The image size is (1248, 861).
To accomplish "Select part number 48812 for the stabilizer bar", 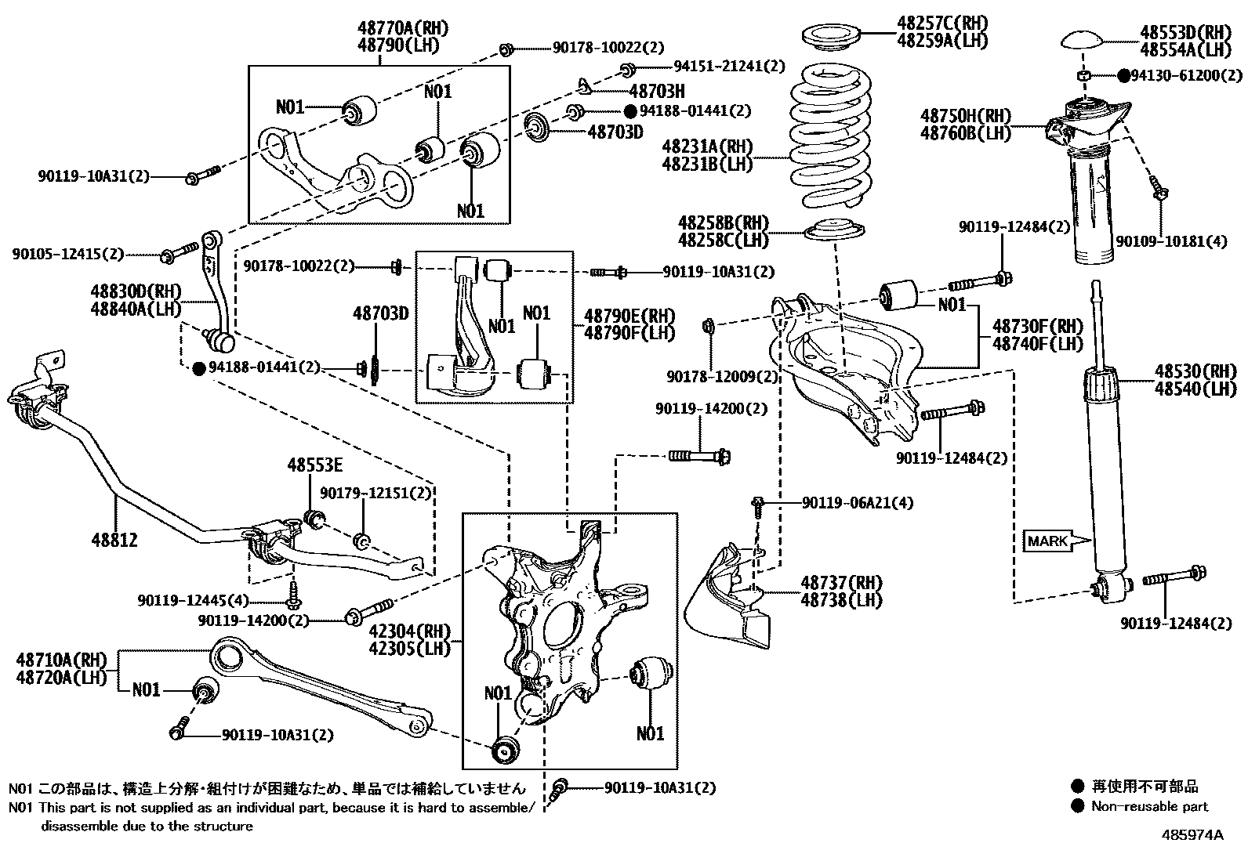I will click(114, 540).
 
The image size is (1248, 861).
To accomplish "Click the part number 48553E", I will click(314, 465).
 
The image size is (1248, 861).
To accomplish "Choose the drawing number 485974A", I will click(1192, 834).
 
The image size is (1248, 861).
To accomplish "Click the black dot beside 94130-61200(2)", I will click(1123, 76).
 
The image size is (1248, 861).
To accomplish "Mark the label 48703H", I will click(656, 91).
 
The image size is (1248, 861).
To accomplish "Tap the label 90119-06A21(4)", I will click(858, 503).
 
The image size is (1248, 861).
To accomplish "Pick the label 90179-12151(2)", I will click(375, 494).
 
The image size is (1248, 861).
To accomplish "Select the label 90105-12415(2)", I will click(68, 255).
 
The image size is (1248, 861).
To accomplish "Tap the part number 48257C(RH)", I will click(943, 23).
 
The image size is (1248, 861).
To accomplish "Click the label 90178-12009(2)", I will click(722, 378).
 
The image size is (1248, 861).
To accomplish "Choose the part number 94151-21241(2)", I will click(729, 67).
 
